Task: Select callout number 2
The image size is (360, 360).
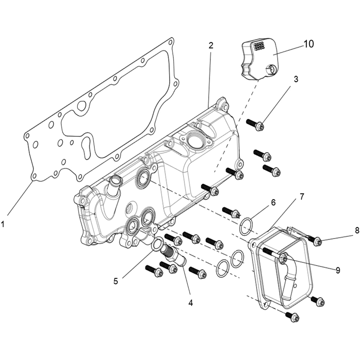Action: pyautogui.click(x=211, y=45)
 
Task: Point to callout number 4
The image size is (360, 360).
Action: pyautogui.click(x=190, y=303)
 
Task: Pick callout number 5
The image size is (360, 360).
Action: pyautogui.click(x=116, y=281)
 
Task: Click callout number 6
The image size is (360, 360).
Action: pyautogui.click(x=273, y=202)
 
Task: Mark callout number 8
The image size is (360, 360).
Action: pyautogui.click(x=357, y=231)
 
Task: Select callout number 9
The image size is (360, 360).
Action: pyautogui.click(x=337, y=269)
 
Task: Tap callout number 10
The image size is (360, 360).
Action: pyautogui.click(x=309, y=44)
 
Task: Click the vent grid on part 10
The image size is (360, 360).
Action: pyautogui.click(x=259, y=47)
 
